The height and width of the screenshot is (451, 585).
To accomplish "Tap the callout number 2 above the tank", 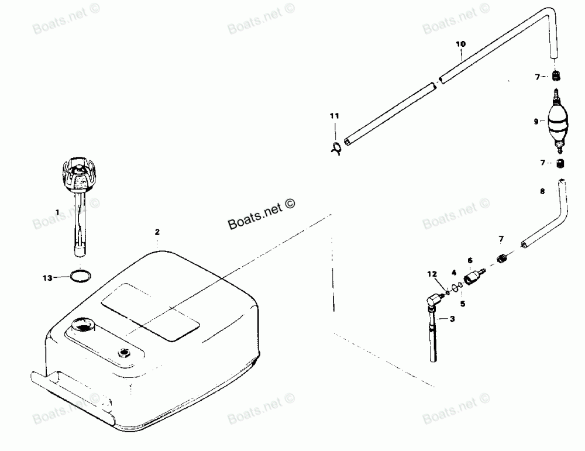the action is [x=157, y=232].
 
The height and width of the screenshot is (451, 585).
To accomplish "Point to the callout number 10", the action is [x=460, y=44].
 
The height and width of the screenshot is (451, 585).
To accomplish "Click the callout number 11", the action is [x=334, y=116].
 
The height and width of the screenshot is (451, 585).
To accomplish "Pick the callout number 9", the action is [x=536, y=122].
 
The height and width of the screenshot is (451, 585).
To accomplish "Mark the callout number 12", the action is [x=432, y=274].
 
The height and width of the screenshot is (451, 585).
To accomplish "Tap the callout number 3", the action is [x=451, y=319].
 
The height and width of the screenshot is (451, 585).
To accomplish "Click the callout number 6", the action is [x=469, y=260].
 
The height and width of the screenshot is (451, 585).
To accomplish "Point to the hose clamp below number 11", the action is [x=335, y=148].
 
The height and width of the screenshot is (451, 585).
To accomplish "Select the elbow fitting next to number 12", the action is [x=434, y=299].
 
